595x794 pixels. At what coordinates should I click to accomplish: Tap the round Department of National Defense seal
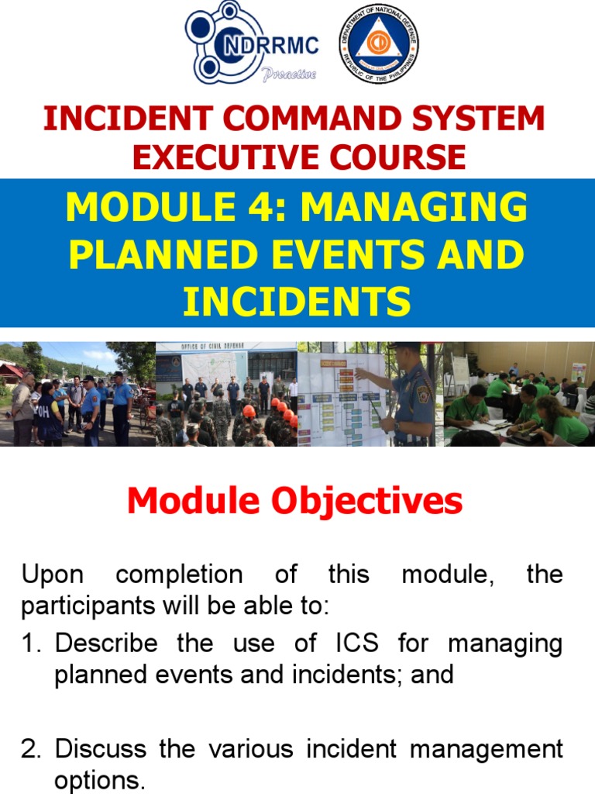[x=379, y=44]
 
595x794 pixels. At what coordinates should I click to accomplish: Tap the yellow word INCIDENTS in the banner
[x=297, y=302]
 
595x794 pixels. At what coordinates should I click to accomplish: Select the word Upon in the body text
[x=51, y=575]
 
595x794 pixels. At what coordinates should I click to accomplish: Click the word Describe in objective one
[x=107, y=644]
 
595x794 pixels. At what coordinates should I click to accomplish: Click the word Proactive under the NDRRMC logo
[x=289, y=74]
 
